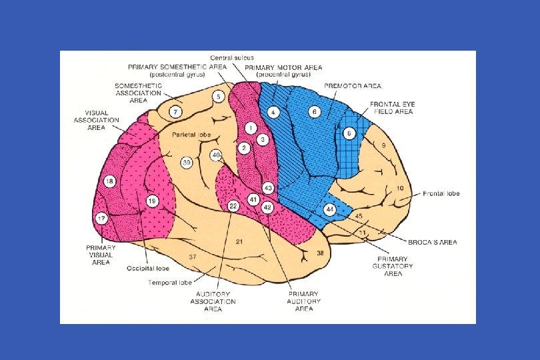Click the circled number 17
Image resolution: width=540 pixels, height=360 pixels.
coord(102,218)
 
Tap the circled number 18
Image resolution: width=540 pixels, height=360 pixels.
coord(110,181)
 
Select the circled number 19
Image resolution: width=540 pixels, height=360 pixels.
coord(152,201)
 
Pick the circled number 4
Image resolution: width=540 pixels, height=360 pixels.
coord(273,112)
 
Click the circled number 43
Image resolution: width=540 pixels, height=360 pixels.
coord(269,188)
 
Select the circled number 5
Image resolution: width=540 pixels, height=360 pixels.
coord(218,97)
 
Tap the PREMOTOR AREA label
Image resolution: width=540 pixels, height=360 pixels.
coord(353,87)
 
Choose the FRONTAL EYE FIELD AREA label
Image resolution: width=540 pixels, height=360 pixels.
coord(393,108)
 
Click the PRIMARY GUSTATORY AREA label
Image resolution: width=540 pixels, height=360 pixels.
coord(393,266)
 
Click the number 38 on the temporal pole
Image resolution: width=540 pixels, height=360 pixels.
coord(320,253)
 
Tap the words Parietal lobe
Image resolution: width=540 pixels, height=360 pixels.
coord(191,135)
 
